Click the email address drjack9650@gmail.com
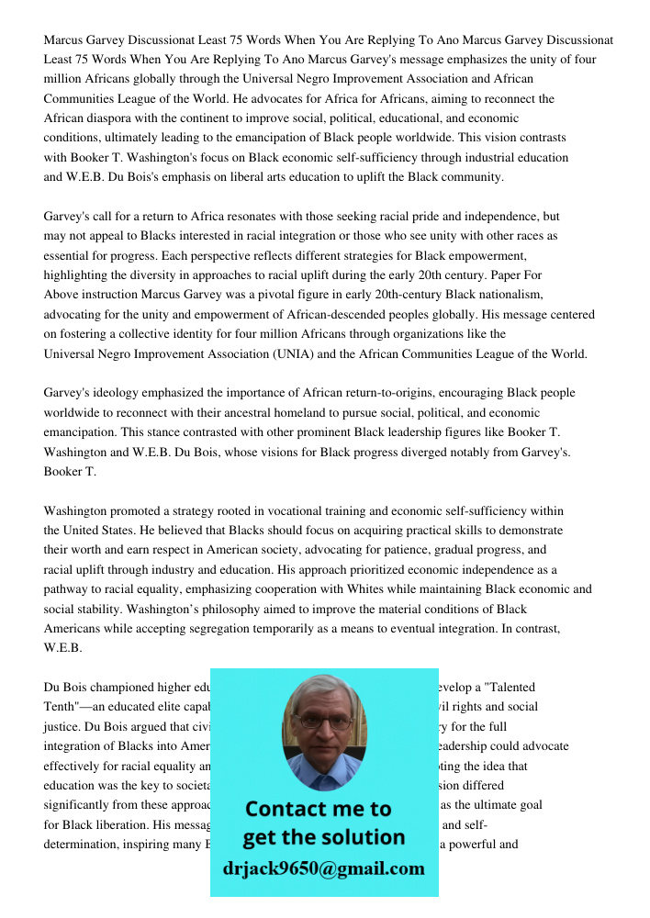(323, 868)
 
